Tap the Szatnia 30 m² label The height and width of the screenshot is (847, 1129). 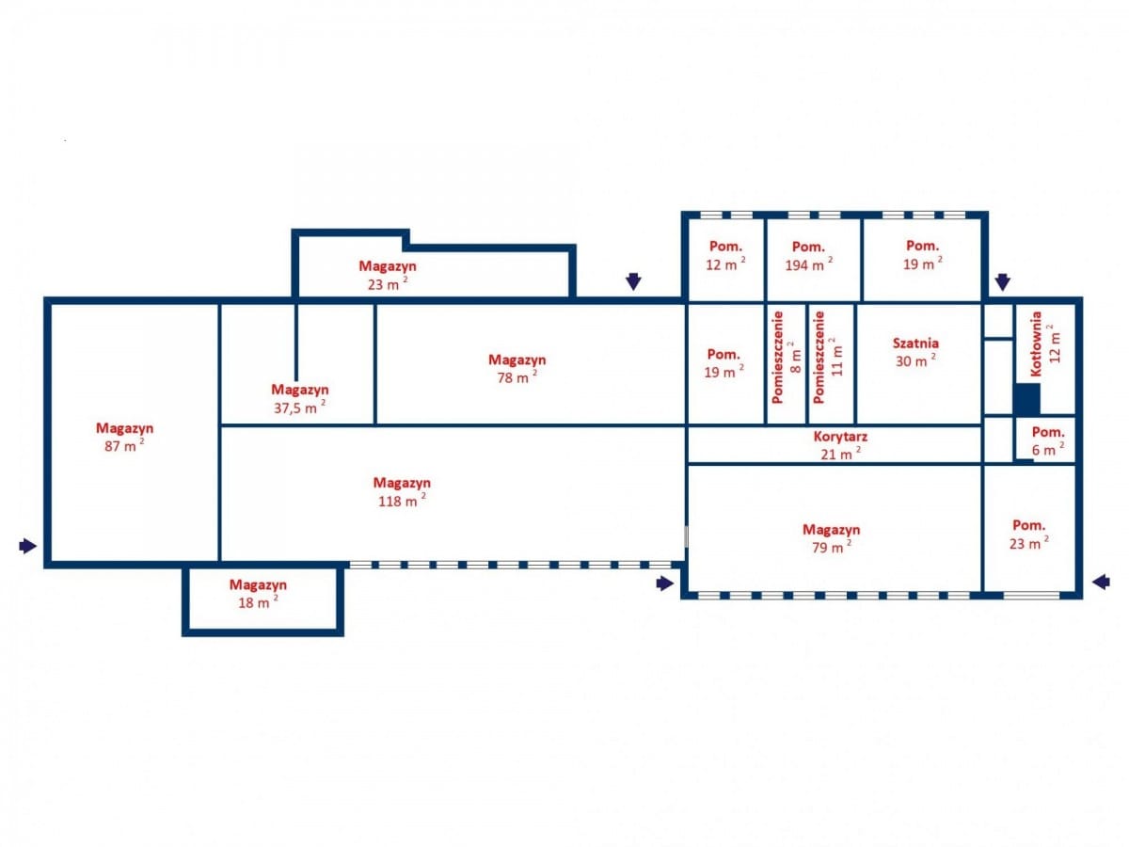point(915,352)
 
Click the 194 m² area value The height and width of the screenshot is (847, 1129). point(809,264)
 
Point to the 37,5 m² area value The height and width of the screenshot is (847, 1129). point(300,408)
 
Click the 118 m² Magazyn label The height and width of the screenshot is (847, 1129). point(402,491)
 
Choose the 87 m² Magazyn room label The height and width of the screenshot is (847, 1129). point(124,437)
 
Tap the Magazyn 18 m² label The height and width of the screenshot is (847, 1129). point(258,594)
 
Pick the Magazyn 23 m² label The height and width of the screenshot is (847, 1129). point(388,275)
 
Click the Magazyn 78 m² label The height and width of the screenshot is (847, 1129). point(517,369)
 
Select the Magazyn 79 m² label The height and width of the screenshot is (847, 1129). point(831,538)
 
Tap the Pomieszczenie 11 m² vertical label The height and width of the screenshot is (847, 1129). point(828,357)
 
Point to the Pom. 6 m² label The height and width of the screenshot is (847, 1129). point(1048,440)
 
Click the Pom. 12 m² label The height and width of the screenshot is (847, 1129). point(725,256)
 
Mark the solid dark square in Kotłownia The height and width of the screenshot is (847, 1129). point(1027,398)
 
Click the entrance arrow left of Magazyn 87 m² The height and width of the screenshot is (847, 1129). point(28,546)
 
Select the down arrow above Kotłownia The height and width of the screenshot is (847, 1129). point(1003,281)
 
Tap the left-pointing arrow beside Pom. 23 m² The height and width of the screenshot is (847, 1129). point(1101,583)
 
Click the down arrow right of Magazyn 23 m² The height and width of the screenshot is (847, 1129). point(633,281)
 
